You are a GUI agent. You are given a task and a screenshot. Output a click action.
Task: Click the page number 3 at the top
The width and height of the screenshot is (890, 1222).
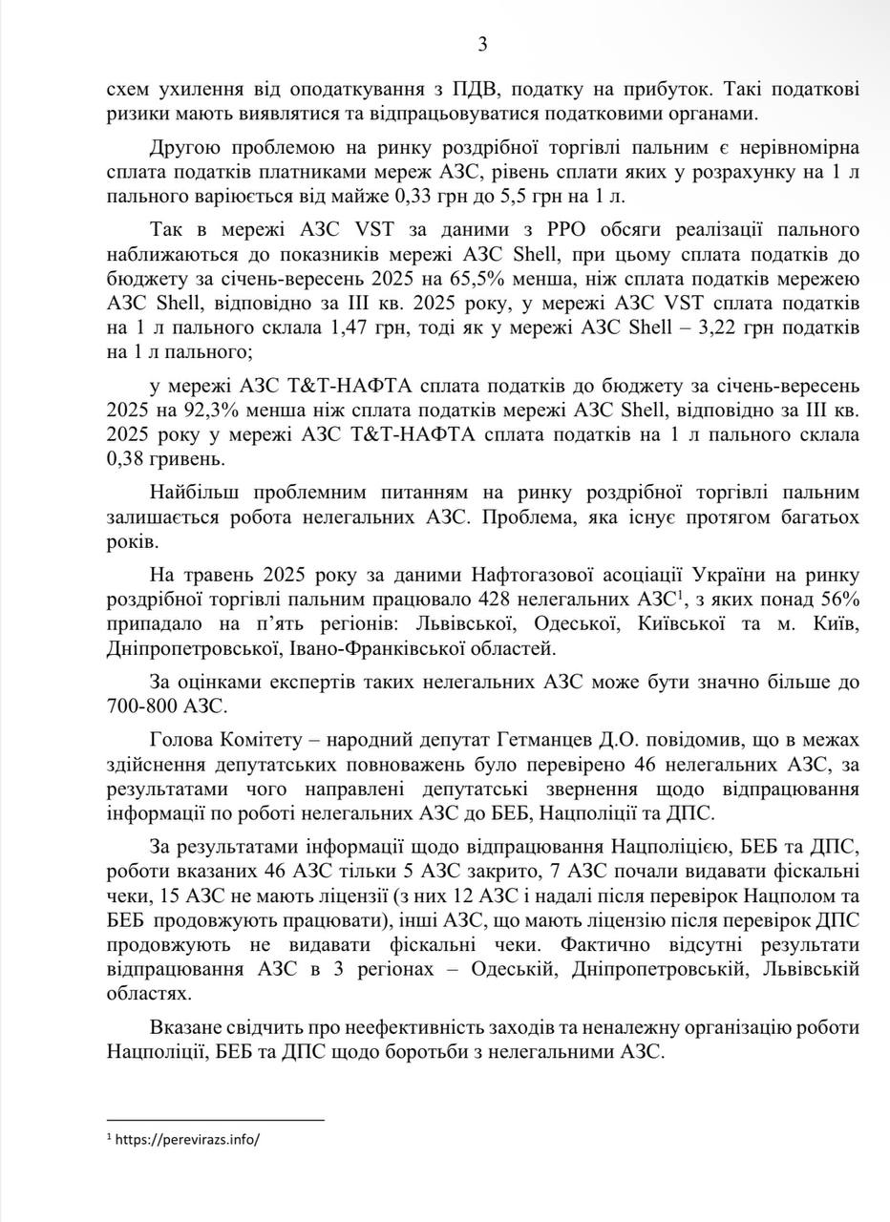click(x=482, y=44)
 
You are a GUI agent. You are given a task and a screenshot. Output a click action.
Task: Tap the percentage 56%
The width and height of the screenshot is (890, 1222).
click(x=837, y=600)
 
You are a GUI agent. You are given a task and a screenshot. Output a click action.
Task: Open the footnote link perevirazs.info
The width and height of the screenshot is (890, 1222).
click(x=187, y=1140)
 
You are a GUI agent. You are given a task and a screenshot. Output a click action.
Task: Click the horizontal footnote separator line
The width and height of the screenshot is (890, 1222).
click(x=216, y=1120)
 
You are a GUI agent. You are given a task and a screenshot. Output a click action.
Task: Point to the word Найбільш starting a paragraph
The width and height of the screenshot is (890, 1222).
click(x=194, y=493)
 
